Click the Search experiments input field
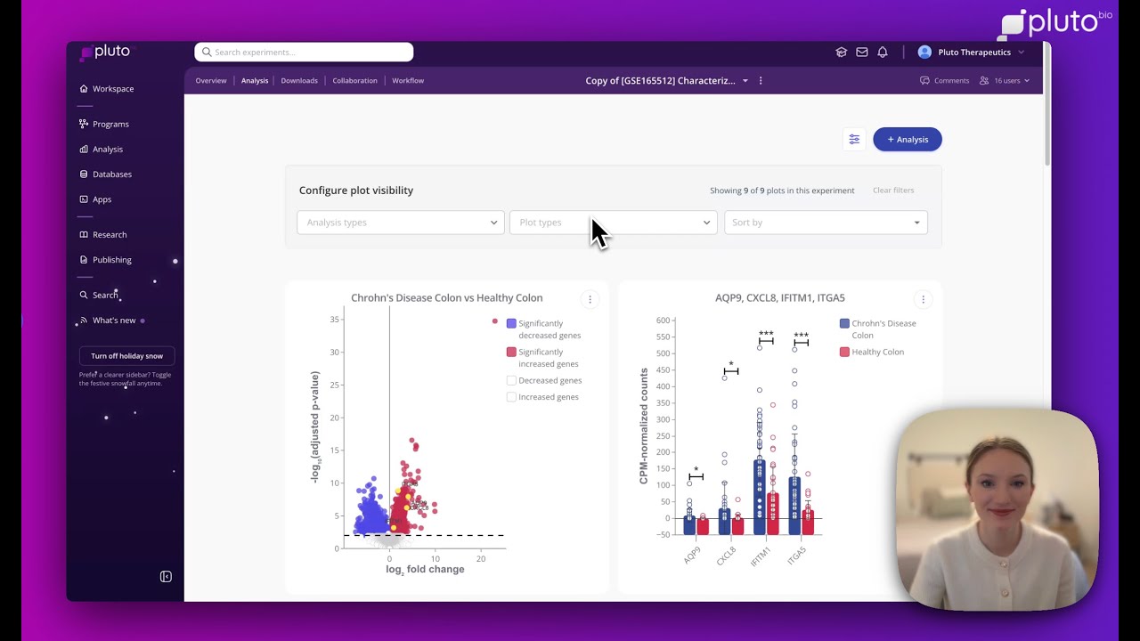(x=303, y=52)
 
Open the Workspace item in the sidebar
(x=112, y=89)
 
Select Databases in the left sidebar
(x=111, y=174)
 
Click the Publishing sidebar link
(x=111, y=260)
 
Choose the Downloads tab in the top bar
(x=299, y=81)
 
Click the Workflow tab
(x=408, y=81)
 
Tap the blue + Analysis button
(x=907, y=140)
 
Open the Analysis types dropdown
(x=400, y=223)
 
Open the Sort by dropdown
(x=825, y=223)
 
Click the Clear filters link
(x=892, y=191)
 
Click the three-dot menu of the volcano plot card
(x=590, y=300)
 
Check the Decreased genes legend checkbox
(x=511, y=380)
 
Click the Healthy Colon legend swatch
(x=844, y=353)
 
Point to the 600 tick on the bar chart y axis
(x=663, y=320)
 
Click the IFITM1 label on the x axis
(x=761, y=556)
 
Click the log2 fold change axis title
(x=425, y=570)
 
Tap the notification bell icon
(x=883, y=53)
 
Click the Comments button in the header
(x=944, y=81)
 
